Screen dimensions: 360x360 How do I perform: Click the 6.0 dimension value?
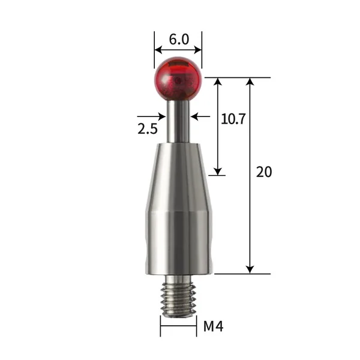click(178, 40)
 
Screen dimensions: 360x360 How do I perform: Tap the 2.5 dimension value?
click(148, 129)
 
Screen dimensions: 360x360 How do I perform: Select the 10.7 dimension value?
click(233, 119)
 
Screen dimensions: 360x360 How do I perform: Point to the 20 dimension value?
click(264, 172)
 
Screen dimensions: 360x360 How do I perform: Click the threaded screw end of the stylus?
click(178, 296)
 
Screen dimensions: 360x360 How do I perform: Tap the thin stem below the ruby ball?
click(178, 120)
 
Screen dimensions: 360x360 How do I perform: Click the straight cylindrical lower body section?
click(178, 243)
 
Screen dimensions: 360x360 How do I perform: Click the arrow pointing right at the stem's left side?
click(162, 116)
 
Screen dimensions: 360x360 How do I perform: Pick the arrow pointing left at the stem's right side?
click(195, 116)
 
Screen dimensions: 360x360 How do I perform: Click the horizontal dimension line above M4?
click(178, 327)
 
